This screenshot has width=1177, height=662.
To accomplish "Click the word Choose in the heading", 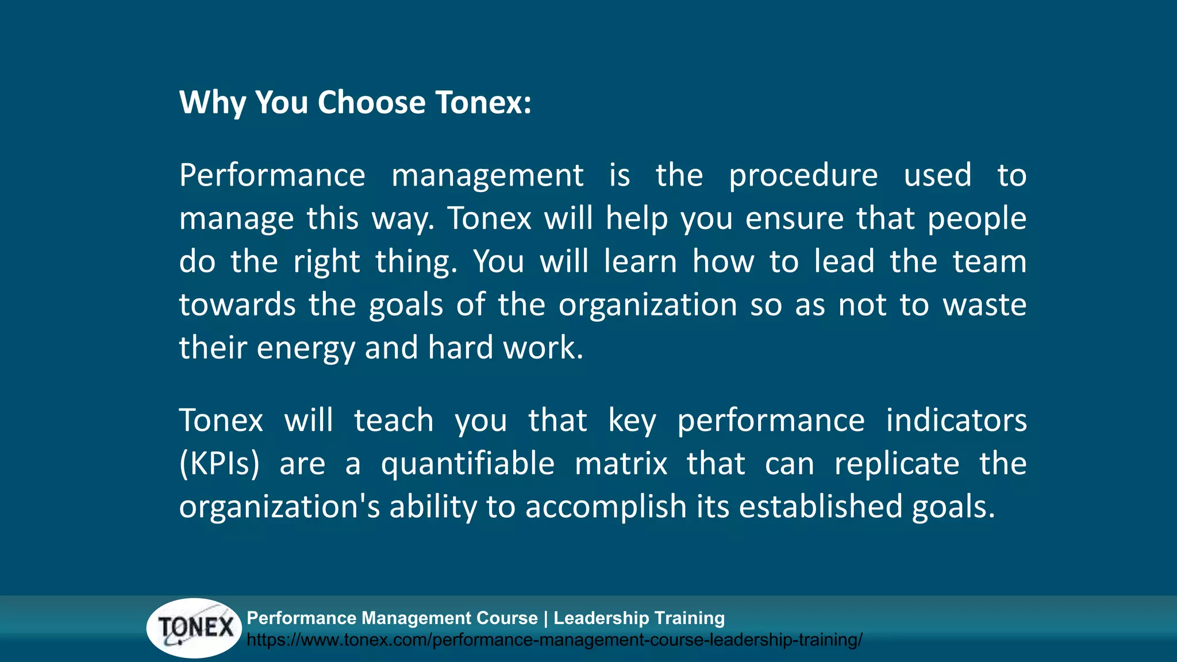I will pos(371,103).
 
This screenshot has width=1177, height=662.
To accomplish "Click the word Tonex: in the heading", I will pos(483,103).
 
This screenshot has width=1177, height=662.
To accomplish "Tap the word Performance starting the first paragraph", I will pos(272,175).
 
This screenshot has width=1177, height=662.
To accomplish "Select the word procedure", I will pos(803,175).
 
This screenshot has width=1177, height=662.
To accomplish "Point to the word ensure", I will pos(794,219).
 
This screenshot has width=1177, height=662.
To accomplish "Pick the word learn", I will pos(640,262).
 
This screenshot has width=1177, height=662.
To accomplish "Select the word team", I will pos(989,262).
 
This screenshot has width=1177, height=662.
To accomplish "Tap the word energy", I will pos(305,349).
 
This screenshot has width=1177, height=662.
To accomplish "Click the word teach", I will pos(394,421).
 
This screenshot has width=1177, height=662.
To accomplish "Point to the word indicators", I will pos(956,421).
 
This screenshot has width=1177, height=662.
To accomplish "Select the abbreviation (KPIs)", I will pos(219,464).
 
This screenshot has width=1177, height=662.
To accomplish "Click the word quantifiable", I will pos(467,464).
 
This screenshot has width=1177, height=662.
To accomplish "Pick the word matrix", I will pos(621,464).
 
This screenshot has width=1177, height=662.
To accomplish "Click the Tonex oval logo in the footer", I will pos(195,628).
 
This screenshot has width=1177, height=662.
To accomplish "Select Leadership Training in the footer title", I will pos(638,618).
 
